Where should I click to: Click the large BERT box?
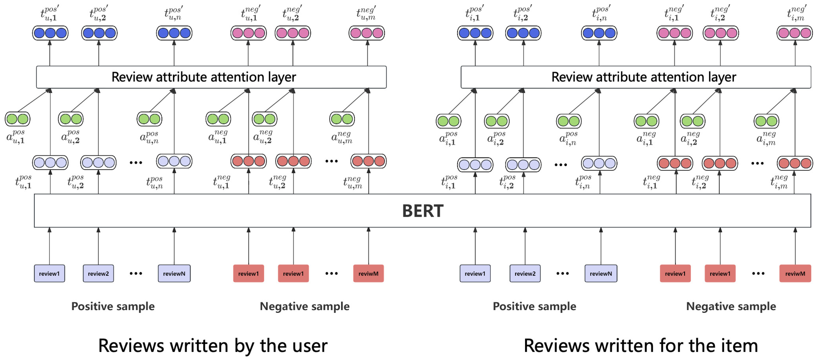[x=423, y=211]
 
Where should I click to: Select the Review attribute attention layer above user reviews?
[x=211, y=77]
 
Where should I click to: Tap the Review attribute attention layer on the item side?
[x=636, y=77]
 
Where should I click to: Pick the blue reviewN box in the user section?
[x=174, y=273]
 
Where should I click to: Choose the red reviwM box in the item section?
[x=795, y=273]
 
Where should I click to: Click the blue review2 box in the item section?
[x=525, y=273]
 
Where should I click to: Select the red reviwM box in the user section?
[x=368, y=273]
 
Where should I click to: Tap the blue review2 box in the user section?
[x=98, y=273]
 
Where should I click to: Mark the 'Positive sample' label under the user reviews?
[x=113, y=306]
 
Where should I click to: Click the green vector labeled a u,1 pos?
[x=17, y=119]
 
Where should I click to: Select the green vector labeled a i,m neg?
[x=766, y=121]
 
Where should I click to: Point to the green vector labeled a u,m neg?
[x=342, y=119]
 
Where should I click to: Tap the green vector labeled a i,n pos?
[x=569, y=121]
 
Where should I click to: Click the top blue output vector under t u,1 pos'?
[x=50, y=33]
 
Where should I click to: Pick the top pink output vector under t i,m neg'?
[x=794, y=33]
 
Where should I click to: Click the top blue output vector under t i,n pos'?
[x=599, y=33]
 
